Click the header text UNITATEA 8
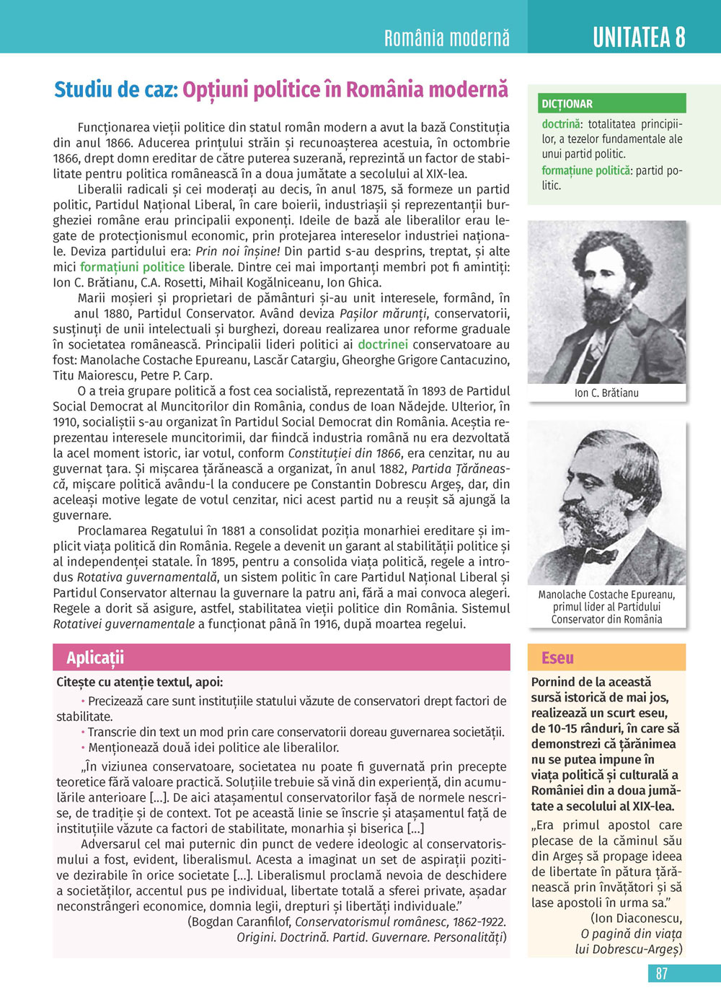(639, 37)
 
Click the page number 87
(661, 973)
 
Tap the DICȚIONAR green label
(567, 104)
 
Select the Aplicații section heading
(95, 657)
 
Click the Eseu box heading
(557, 657)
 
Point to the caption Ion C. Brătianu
(606, 393)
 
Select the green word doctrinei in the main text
(383, 344)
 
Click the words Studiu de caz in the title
(115, 89)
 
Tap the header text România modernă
(447, 38)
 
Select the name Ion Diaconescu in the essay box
(636, 918)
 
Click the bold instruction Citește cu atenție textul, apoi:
(140, 682)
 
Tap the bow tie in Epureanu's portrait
(600, 557)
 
